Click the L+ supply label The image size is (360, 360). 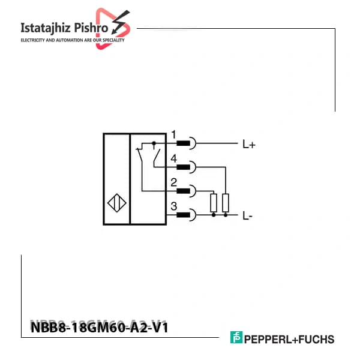point(249,145)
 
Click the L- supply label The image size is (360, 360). point(247,216)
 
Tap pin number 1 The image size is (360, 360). point(174,134)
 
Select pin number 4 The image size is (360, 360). point(174,158)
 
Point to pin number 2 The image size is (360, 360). point(174,182)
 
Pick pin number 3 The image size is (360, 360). point(174,206)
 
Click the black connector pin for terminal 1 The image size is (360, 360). point(183,143)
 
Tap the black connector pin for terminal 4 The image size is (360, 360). point(183,167)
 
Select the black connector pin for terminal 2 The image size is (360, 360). point(183,191)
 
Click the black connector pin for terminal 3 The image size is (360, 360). point(183,215)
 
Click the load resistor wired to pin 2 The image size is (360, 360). point(214,203)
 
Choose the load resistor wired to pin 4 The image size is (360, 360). point(226,203)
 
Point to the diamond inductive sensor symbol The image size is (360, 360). point(117,203)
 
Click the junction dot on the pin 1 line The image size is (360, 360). point(154,143)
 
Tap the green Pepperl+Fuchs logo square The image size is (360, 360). point(236,337)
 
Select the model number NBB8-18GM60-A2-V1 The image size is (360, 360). point(100,327)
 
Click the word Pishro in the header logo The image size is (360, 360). point(91,28)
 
